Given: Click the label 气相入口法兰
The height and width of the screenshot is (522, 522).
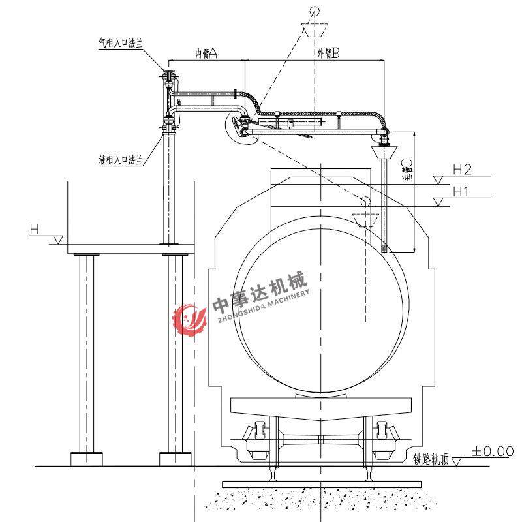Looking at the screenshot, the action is [121, 43].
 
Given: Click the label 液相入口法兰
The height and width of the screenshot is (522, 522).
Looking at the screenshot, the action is [121, 160].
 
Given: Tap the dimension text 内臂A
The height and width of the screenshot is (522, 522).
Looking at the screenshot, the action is [206, 53].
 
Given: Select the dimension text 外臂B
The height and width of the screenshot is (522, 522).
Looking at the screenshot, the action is [328, 53].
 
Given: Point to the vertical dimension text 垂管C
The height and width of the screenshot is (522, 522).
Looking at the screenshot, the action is [407, 170].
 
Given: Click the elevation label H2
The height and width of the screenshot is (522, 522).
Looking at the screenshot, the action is [463, 170].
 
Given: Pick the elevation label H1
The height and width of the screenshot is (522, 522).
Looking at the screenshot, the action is [461, 191].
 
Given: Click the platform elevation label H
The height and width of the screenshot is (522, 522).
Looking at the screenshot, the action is [35, 230].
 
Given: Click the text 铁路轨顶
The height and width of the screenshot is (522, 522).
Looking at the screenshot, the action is [431, 459].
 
